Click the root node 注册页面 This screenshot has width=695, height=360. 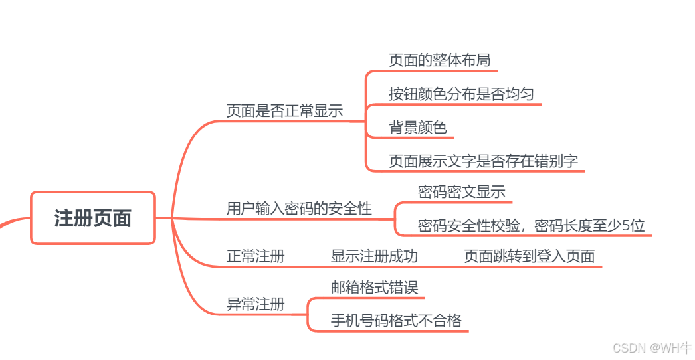92,218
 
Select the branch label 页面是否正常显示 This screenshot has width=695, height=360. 284,111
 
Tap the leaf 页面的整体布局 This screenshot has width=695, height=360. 439,60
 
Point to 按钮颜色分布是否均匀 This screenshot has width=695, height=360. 461,94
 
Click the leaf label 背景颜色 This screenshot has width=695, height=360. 417,128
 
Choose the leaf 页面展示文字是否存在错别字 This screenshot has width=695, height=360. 483,161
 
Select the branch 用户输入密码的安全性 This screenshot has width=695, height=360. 299,209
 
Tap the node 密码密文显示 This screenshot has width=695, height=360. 461,192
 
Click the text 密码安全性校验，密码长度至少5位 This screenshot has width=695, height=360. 531,226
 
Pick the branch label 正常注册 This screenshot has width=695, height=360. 255,256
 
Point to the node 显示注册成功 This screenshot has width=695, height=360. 374,256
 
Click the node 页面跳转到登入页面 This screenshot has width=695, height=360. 529,256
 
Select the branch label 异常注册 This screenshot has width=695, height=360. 255,304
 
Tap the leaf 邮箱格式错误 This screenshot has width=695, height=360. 374,288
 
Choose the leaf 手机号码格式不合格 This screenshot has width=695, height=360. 396,321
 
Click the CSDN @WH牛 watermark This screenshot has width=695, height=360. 652,348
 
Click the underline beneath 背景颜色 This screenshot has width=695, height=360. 419,138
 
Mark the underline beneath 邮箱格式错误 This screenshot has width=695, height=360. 375,298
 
